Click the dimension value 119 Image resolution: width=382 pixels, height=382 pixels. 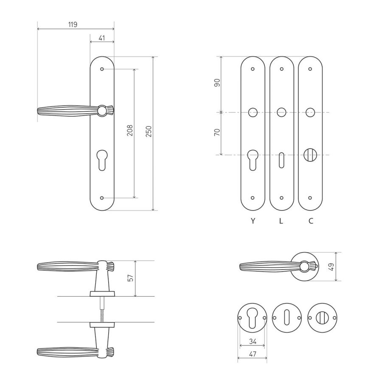click(73, 25)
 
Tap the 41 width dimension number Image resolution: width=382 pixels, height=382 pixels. click(102, 38)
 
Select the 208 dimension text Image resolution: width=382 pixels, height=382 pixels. click(130, 130)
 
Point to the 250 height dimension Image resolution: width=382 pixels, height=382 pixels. click(149, 131)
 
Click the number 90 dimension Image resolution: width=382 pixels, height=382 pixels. click(217, 83)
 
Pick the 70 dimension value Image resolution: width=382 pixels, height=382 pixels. click(217, 132)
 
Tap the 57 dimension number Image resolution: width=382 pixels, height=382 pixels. click(131, 278)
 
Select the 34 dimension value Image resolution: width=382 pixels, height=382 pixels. click(253, 342)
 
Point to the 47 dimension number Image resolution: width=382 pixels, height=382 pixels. click(253, 354)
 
